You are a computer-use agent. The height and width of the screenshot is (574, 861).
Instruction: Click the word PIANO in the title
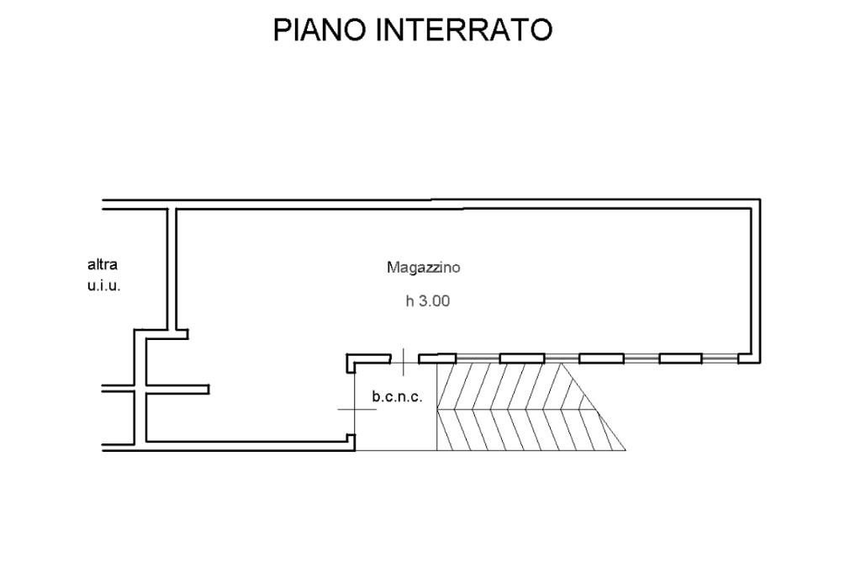pos(319,29)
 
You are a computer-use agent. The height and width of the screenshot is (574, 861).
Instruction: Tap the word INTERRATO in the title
pos(464,29)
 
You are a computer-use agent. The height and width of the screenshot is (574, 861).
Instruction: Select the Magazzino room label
pos(424,268)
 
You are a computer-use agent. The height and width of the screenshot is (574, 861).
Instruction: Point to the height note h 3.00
pos(428,300)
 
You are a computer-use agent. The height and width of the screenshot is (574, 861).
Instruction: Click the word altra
pos(103,264)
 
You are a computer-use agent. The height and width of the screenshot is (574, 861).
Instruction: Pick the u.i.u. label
pos(103,286)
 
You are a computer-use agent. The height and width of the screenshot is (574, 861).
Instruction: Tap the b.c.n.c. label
pos(397,396)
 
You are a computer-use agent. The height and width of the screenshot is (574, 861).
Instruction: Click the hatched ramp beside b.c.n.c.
pos(516,407)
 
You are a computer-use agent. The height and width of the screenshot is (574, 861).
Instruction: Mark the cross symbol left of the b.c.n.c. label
pos(354,409)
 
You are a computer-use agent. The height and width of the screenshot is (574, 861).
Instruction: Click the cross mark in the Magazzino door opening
pos(404,361)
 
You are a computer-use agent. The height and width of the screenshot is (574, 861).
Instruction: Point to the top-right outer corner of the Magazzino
pos(760,199)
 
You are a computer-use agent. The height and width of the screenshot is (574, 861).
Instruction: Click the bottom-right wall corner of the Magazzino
pos(749,359)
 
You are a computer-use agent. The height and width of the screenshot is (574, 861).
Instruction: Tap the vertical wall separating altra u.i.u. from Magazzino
pos(172,269)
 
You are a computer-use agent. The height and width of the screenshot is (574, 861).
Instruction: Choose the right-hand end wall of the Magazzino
pos(756,281)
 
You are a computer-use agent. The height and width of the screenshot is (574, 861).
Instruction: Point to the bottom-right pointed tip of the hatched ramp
pos(626,449)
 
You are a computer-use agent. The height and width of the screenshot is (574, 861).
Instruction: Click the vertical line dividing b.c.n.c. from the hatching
pos(436,407)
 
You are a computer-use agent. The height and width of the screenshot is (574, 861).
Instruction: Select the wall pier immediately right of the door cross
pos(437,359)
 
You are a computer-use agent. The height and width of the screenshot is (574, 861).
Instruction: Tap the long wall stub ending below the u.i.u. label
pos(177,390)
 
